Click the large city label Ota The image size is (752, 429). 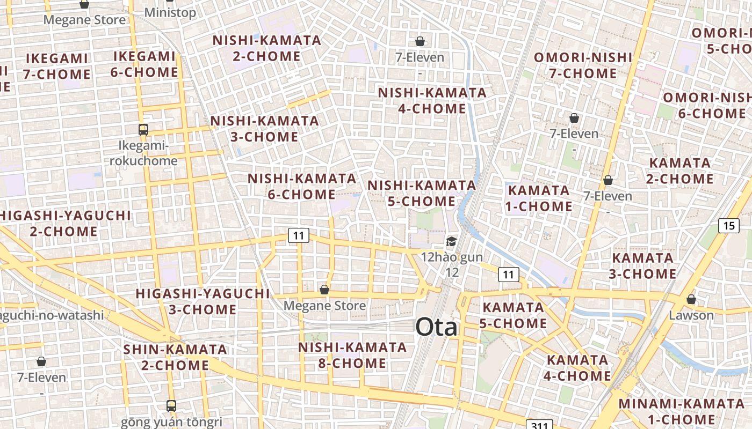tap(437, 327)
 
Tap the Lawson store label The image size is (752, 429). tap(691, 315)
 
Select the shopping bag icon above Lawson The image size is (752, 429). tap(691, 299)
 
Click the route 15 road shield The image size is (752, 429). tap(728, 225)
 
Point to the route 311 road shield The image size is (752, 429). tap(538, 425)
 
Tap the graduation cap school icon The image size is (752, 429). tap(451, 242)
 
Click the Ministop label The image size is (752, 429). tap(170, 12)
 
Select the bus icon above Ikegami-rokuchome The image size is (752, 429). tap(143, 129)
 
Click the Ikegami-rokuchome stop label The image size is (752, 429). tap(143, 153)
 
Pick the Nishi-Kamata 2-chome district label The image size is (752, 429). tap(267, 48)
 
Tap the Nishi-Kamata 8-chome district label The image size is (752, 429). tap(352, 355)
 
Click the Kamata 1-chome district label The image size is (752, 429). tap(539, 198)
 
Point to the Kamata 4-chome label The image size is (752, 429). tap(577, 368)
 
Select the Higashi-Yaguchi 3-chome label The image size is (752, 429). tap(203, 301)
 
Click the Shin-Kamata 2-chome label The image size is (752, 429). tap(175, 357)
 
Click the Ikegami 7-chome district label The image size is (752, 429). tap(56, 66)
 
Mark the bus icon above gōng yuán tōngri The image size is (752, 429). tap(171, 406)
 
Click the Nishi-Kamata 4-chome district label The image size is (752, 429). tap(432, 100)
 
